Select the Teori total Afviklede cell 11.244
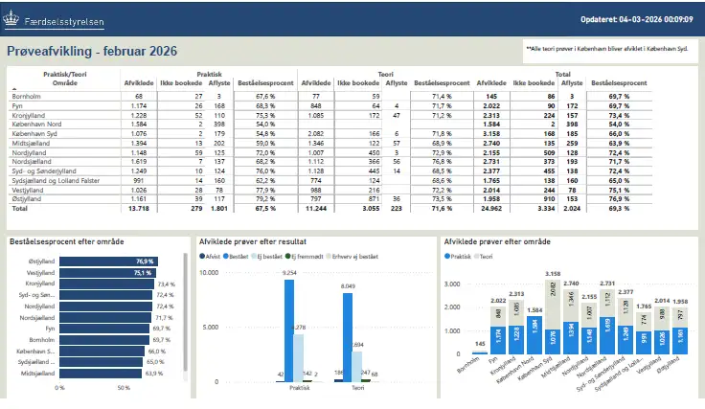(x=315, y=208)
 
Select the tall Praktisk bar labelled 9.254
(x=290, y=330)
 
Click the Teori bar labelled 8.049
(x=347, y=336)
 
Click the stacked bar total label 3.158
(x=552, y=275)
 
